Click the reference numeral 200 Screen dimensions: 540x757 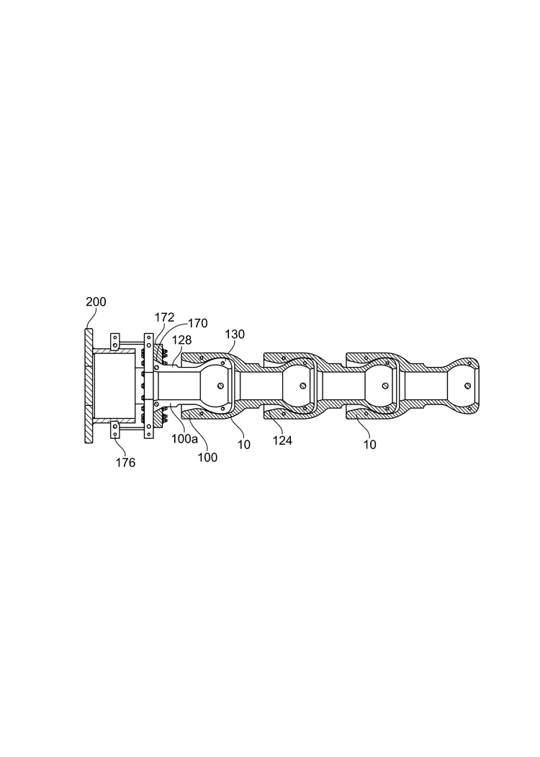[96, 302]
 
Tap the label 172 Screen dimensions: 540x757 [164, 317]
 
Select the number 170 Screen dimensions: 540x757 [197, 323]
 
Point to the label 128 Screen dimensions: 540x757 [181, 340]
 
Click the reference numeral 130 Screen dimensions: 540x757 [235, 334]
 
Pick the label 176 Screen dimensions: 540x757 [125, 463]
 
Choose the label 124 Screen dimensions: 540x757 [282, 440]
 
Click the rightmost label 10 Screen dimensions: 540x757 [369, 445]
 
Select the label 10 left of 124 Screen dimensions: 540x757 [244, 445]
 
